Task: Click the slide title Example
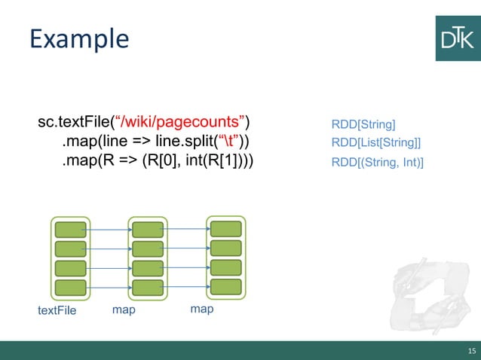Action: click(x=79, y=38)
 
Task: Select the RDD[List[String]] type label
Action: click(x=375, y=142)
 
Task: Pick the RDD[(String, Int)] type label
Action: click(x=377, y=161)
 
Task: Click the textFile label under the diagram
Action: click(x=57, y=310)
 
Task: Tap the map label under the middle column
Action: click(x=124, y=310)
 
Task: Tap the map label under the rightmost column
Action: click(x=201, y=309)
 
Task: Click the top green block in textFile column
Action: click(x=70, y=230)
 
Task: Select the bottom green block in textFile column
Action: click(x=70, y=288)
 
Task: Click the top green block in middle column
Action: click(x=148, y=230)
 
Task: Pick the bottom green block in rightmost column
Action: click(x=225, y=286)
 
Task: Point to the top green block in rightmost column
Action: click(x=225, y=229)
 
